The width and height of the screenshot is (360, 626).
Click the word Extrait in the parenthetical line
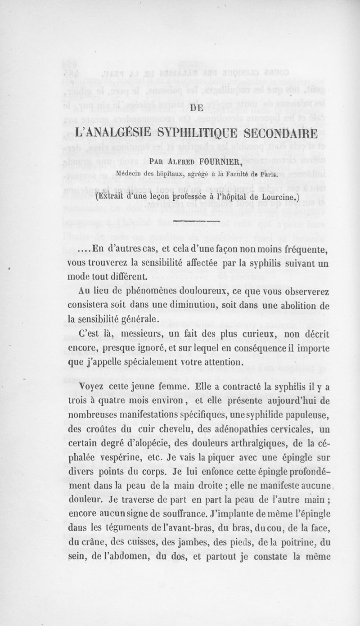click(x=113, y=184)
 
